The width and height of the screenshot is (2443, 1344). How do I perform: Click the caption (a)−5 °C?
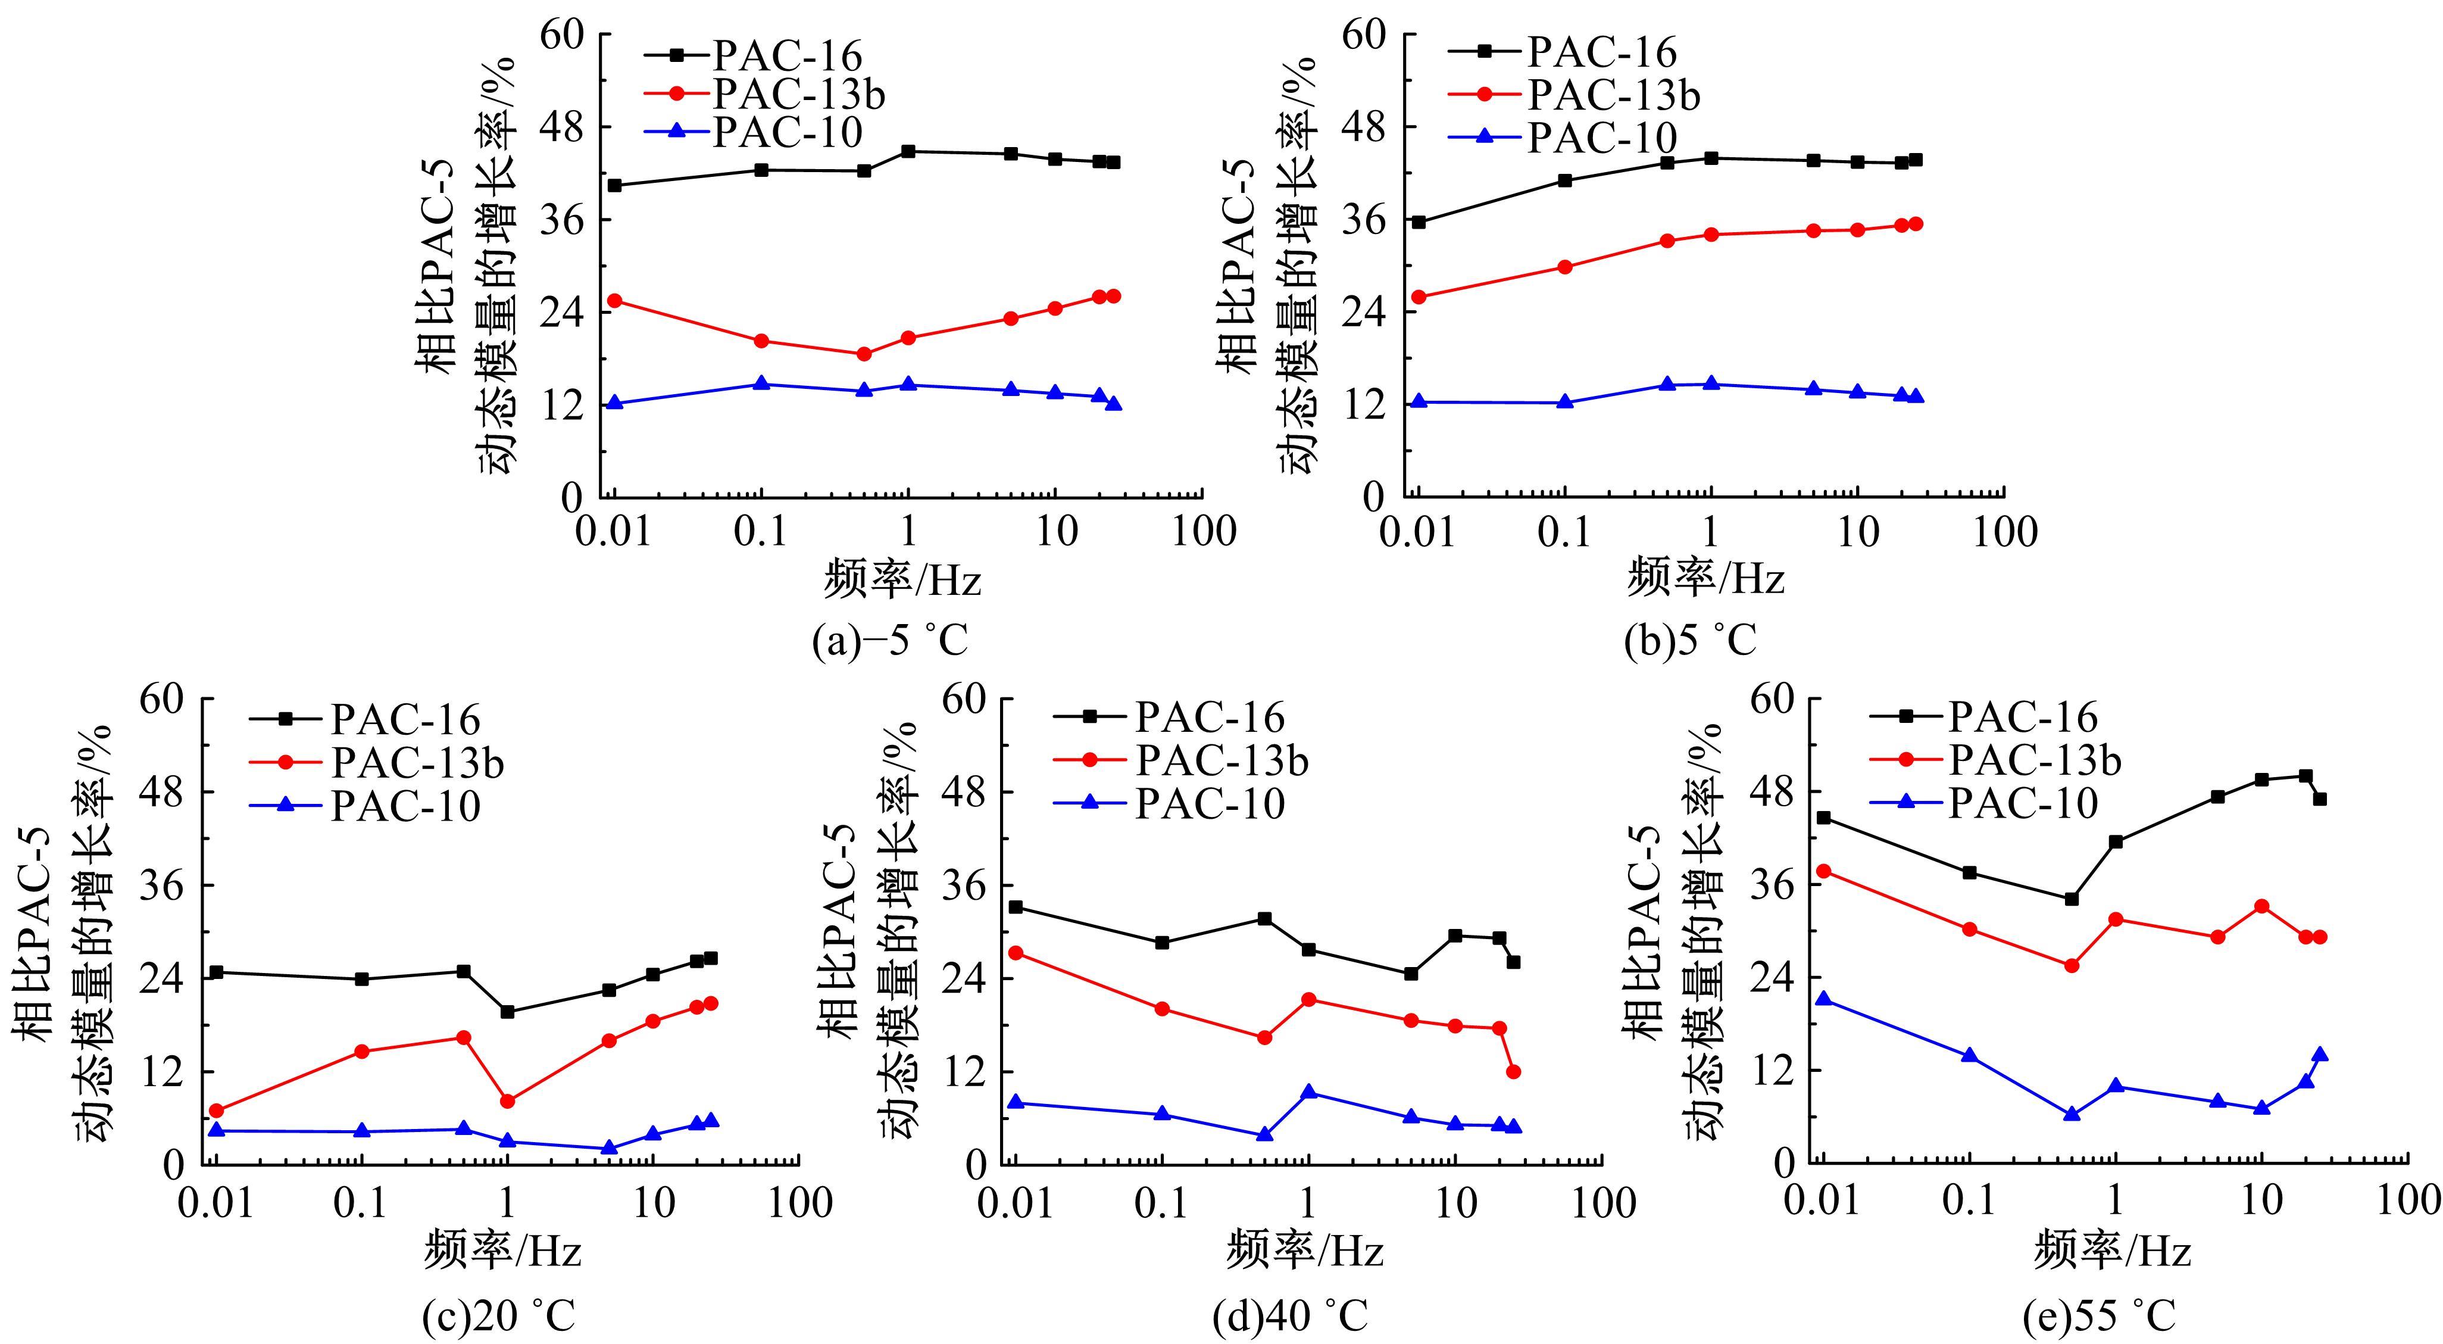tap(889, 641)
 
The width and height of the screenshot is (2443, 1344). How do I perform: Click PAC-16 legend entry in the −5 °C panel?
tap(787, 56)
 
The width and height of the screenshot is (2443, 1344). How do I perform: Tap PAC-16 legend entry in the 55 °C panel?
tap(2023, 718)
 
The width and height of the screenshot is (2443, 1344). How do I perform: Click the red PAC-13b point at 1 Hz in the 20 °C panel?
tap(507, 1101)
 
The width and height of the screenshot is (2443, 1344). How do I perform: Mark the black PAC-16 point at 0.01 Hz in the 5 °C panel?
tap(1419, 222)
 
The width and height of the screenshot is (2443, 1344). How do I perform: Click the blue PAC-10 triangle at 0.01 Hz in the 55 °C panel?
tap(1823, 999)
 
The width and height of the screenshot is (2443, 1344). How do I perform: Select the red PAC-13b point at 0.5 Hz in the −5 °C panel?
tap(864, 354)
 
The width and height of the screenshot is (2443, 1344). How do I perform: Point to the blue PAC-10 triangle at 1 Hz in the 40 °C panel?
tap(1309, 1091)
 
